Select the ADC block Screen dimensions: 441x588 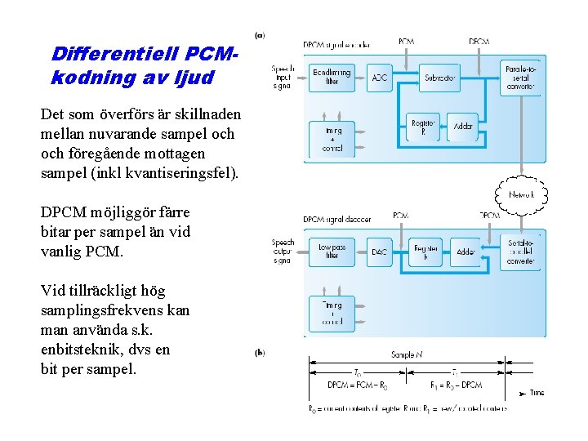tap(381, 78)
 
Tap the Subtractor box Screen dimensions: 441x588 tap(440, 78)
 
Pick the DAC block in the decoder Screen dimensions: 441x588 tap(380, 252)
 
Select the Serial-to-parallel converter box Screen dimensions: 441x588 tap(520, 252)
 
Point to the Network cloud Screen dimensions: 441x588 tap(520, 195)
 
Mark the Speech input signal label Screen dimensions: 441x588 tap(283, 76)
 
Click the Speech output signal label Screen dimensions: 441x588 tap(283, 251)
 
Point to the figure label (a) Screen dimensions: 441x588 tap(260, 35)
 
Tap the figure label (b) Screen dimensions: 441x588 tap(260, 353)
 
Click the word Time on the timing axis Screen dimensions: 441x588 tap(537, 393)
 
